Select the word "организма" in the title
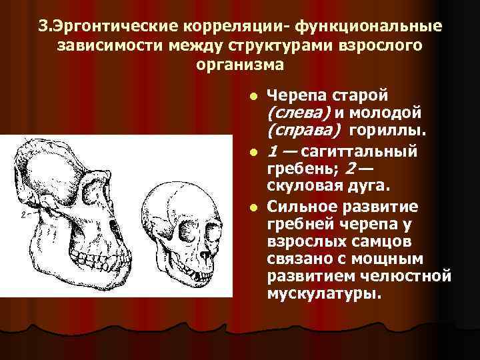click(241, 65)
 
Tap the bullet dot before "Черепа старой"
click(253, 97)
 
